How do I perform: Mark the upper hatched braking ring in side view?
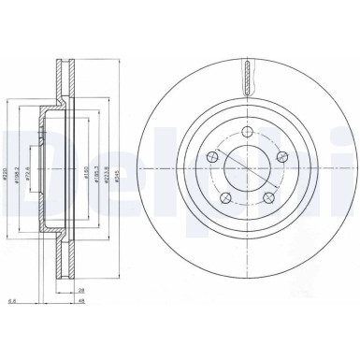(65, 79)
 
